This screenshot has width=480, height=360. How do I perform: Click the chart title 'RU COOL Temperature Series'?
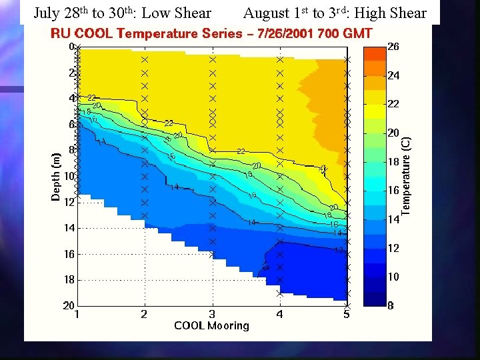(x=147, y=33)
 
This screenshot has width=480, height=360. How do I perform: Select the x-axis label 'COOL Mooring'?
(x=211, y=325)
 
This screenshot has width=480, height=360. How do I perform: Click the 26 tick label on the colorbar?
(x=393, y=47)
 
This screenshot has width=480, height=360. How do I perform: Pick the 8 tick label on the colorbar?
(x=391, y=305)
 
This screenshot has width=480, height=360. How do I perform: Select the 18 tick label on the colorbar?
(x=393, y=162)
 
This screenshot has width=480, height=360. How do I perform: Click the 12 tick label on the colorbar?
(x=393, y=248)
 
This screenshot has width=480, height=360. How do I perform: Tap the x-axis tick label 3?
(x=212, y=314)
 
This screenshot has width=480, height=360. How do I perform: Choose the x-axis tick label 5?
(x=347, y=314)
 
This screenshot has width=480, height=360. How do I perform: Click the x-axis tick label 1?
(x=78, y=314)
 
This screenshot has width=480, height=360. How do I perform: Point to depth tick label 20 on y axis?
(x=68, y=305)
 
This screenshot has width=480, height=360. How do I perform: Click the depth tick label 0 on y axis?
(x=71, y=47)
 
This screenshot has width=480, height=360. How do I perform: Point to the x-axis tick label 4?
(x=279, y=314)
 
